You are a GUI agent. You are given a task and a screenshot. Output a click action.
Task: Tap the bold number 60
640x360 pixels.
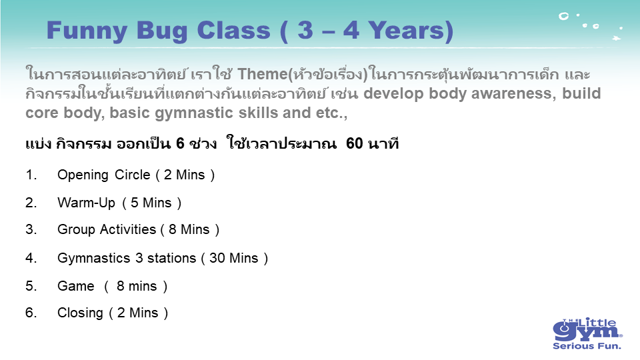[354, 143]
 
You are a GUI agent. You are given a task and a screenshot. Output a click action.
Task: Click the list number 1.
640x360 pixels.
[31, 175]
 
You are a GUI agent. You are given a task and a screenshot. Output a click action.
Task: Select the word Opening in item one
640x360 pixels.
[83, 175]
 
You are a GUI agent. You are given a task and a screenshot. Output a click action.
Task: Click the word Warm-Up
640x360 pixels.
[86, 203]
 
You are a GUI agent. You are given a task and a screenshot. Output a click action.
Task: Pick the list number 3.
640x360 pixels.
[31, 229]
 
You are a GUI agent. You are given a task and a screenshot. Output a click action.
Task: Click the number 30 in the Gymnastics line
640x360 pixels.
[217, 258]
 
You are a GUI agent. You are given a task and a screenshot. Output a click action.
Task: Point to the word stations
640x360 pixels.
[171, 258]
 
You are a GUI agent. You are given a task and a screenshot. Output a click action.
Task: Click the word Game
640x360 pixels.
[75, 286]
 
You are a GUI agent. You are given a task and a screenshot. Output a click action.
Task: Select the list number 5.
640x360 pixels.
[31, 286]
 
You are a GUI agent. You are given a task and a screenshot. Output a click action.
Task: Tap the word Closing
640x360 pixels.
[80, 313]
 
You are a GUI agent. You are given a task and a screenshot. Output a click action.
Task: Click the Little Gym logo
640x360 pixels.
[587, 333]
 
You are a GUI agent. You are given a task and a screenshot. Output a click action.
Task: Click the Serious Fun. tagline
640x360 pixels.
[587, 346]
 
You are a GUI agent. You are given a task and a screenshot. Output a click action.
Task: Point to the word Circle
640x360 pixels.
[132, 175]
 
